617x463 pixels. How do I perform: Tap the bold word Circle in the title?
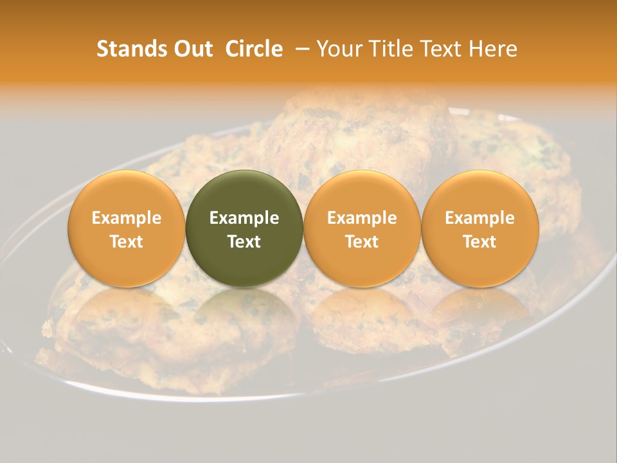pyautogui.click(x=254, y=49)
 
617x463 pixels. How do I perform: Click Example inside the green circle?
pyautogui.click(x=244, y=218)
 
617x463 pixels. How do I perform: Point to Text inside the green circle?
pyautogui.click(x=244, y=241)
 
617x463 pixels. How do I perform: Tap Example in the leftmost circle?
pyautogui.click(x=127, y=218)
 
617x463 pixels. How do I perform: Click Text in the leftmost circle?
pyautogui.click(x=127, y=241)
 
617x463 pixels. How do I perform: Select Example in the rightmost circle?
pyautogui.click(x=479, y=218)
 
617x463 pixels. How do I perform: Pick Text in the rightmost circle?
pyautogui.click(x=479, y=241)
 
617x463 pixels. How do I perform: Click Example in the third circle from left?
pyautogui.click(x=362, y=218)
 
